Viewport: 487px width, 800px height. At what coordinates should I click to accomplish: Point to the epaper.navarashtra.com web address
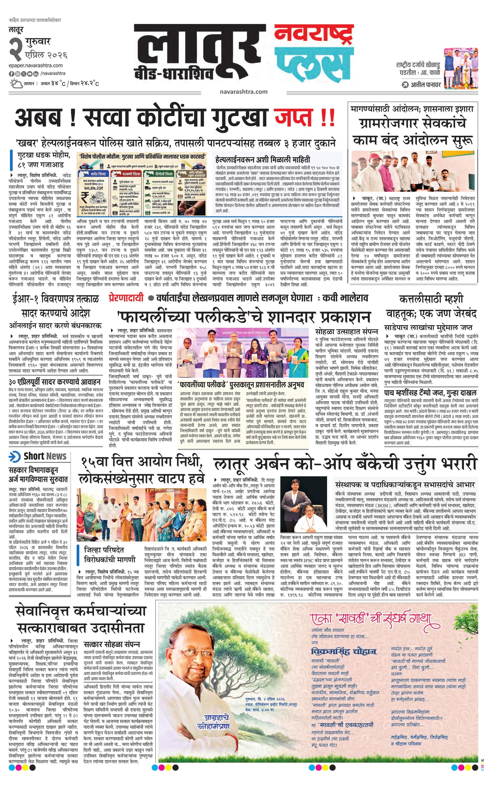(x=36, y=66)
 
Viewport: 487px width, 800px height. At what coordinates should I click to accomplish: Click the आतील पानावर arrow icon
(x=405, y=85)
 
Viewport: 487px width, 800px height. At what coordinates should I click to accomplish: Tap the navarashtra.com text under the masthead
(x=243, y=92)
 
